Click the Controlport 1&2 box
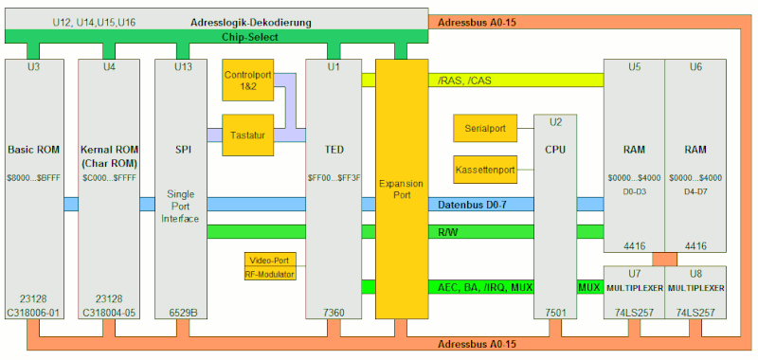pos(245,81)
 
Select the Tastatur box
pos(245,135)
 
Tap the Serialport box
pos(485,128)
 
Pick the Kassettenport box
pos(485,171)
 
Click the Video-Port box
pos(270,260)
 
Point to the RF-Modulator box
pos(270,274)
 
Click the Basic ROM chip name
pos(34,150)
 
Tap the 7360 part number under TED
pos(334,311)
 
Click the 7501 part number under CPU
pos(555,311)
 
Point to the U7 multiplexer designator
pos(633,272)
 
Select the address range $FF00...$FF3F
pos(334,177)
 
